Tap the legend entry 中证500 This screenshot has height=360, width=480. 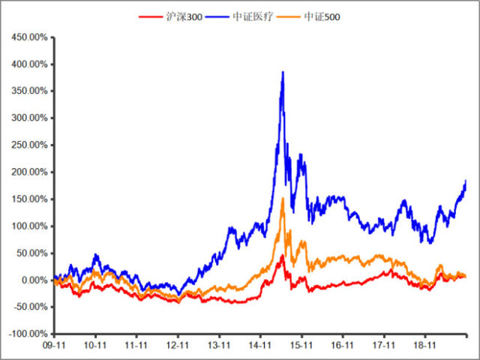point(322,16)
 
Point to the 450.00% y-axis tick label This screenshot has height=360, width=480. point(28,37)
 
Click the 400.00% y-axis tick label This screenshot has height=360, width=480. point(28,64)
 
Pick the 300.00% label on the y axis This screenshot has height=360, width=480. point(28,118)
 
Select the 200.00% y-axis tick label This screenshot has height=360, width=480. point(28,172)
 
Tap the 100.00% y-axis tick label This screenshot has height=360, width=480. point(28,226)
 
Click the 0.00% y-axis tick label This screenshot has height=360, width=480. point(32,280)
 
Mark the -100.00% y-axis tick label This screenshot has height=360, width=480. point(26,334)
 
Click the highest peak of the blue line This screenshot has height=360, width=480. point(283,72)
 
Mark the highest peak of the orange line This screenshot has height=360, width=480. point(283,198)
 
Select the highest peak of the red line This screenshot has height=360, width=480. point(283,255)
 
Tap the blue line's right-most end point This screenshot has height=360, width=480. point(466,181)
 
